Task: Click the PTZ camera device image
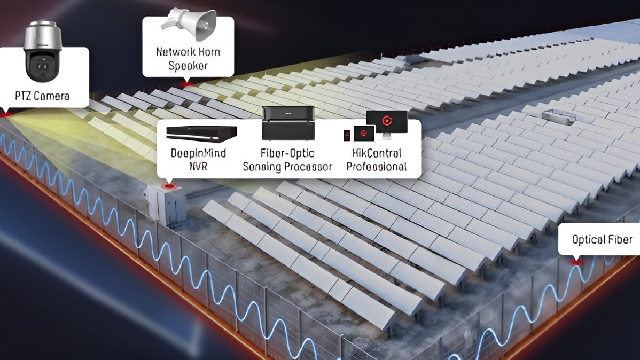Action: pos(42,51)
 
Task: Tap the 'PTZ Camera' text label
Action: pos(42,96)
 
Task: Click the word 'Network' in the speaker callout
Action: pos(170,52)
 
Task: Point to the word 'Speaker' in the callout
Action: pos(188,66)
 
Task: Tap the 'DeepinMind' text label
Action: pos(198,153)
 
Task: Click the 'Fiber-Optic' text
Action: pos(287,153)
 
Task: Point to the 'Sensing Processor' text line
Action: pos(287,167)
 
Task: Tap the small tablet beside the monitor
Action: pos(364,134)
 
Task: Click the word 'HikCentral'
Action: pos(376,153)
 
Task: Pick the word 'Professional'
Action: pos(376,167)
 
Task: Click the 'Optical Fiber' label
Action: pos(602,240)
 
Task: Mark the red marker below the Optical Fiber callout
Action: pos(576,262)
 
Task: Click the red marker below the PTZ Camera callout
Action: pos(6,114)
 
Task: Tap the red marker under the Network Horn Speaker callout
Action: pos(187,84)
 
